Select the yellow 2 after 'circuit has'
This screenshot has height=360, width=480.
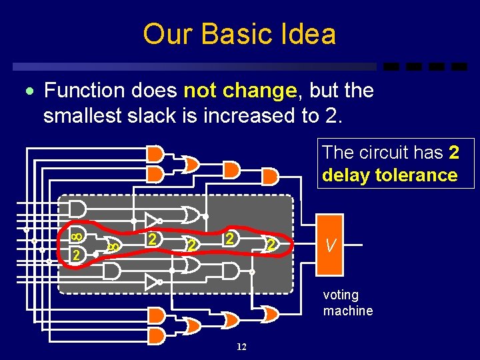point(454,153)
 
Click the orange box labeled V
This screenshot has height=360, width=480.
point(330,245)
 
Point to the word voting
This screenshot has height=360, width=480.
point(341,295)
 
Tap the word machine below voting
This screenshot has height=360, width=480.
point(348,311)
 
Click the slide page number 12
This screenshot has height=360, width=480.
point(241,347)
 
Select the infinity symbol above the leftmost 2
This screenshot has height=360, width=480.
point(77,235)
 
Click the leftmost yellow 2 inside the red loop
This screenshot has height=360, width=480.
point(77,255)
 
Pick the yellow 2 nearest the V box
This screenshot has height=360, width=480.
point(271,245)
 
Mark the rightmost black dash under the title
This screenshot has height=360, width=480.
point(459,67)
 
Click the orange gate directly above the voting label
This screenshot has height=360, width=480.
point(270,313)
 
